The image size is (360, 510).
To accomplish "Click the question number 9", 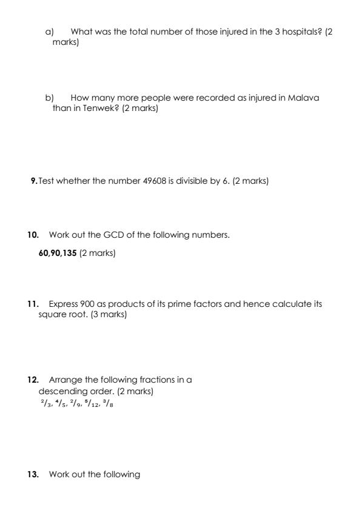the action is click(34, 181).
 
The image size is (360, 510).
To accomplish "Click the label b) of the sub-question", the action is click(50, 98).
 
